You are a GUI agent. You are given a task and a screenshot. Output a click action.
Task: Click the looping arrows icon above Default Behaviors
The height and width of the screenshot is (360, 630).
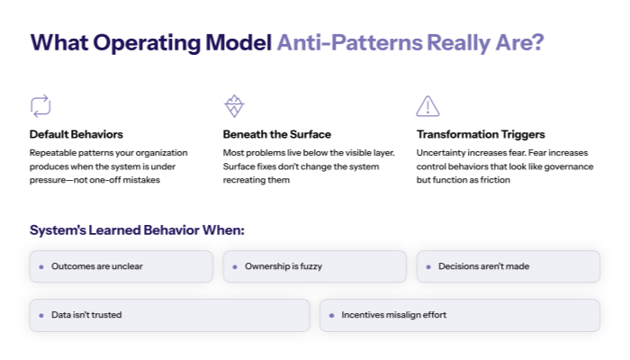coord(40,106)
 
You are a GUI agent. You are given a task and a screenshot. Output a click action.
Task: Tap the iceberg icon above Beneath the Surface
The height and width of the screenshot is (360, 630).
coord(234,106)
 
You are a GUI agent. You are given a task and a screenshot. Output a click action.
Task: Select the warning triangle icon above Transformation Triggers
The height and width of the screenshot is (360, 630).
coord(427,106)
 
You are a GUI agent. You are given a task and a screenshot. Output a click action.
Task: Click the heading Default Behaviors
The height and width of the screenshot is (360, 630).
coord(76,134)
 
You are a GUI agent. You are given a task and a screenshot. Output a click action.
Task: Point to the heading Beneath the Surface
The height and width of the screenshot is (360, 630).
coord(277,134)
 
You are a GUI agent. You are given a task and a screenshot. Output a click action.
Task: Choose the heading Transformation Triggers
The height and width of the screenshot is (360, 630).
coord(481,134)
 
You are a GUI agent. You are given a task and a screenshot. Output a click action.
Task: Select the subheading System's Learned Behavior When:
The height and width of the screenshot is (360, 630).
coord(137,230)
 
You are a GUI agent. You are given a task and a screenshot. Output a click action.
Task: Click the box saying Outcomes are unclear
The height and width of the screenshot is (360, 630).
coord(121,266)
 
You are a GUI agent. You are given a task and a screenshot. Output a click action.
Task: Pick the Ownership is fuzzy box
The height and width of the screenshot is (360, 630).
coord(315,266)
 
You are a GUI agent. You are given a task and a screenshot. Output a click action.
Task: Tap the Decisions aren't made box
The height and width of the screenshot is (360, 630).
coord(508,266)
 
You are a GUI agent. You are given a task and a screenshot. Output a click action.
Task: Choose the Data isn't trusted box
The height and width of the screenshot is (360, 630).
coord(170,315)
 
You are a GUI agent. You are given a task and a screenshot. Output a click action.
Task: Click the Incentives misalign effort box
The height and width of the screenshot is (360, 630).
coord(460,315)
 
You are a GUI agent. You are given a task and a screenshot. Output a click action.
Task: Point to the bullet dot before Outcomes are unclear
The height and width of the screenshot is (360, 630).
coord(41,267)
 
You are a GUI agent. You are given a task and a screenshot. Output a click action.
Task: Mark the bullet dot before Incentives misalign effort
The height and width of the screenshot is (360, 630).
coord(332,316)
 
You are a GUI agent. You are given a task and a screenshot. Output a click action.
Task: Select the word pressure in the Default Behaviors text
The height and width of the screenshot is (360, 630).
coord(52,181)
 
